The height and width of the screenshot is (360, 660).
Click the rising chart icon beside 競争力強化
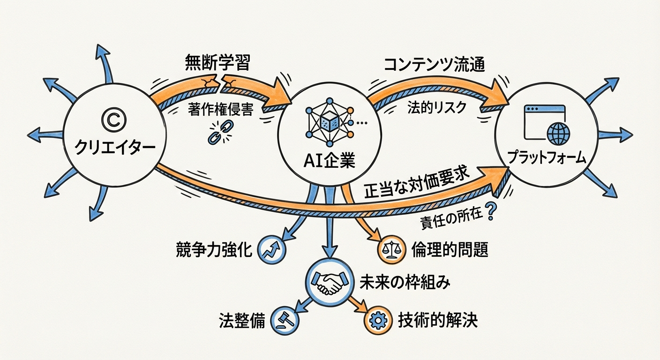click(273, 251)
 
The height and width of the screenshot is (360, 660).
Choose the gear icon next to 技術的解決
click(378, 321)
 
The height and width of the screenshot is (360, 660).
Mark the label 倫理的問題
click(449, 250)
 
